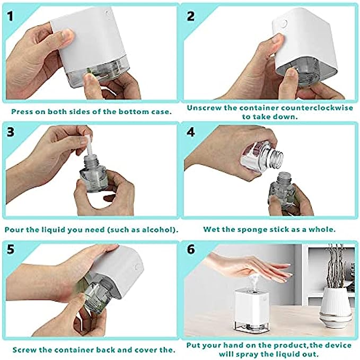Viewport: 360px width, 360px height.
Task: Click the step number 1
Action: pyautogui.click(x=10, y=16)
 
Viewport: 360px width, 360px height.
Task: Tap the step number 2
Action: pyautogui.click(x=191, y=16)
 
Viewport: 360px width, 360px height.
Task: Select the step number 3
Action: pyautogui.click(x=10, y=132)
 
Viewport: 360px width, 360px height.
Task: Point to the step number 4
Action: pyautogui.click(x=191, y=132)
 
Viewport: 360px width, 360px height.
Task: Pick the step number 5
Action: pyautogui.click(x=10, y=249)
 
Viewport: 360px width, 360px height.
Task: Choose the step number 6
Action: pyautogui.click(x=191, y=249)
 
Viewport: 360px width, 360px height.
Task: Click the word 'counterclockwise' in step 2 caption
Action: pyautogui.click(x=317, y=108)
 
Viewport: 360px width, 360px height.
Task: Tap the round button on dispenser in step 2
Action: pyautogui.click(x=284, y=24)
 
